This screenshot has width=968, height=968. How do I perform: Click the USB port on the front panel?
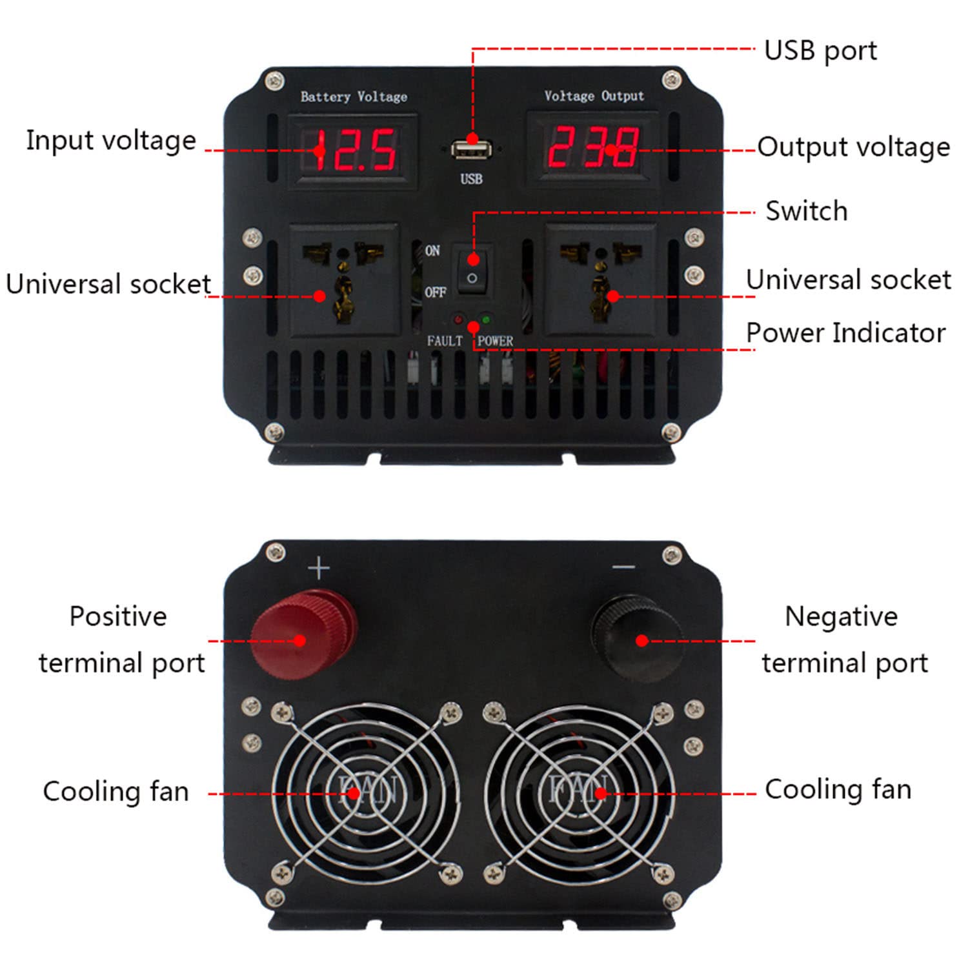pos(471,151)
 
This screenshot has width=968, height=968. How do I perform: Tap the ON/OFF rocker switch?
pos(473,269)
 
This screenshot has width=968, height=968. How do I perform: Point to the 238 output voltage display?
pos(593,148)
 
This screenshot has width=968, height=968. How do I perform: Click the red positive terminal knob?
pos(303,633)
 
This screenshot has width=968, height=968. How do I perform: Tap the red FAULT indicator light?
pos(458,319)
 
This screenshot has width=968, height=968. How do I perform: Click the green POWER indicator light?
pos(486,319)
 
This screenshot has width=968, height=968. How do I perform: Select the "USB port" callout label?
pos(820,51)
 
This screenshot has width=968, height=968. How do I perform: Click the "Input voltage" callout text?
pos(111,141)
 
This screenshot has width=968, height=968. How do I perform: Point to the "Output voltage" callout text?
pos(854,147)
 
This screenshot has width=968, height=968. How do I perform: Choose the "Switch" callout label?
pos(807,211)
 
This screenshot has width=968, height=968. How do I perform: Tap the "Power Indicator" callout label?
pos(846,333)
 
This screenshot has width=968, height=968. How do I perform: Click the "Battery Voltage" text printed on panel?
pos(354,97)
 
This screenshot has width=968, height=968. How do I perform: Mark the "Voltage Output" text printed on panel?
pos(594,96)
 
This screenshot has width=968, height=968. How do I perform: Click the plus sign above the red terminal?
pos(319,569)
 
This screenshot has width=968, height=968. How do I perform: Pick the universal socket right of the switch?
pos(601,279)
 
